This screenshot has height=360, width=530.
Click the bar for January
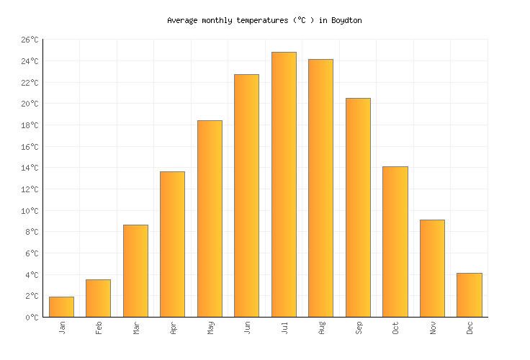(x=61, y=307)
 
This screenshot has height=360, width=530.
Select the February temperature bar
(x=98, y=298)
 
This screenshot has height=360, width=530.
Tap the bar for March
(x=135, y=271)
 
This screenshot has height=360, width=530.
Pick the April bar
(x=172, y=244)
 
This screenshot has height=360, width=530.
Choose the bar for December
(x=469, y=295)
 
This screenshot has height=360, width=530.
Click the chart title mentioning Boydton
(x=264, y=21)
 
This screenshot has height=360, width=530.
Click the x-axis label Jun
(x=247, y=328)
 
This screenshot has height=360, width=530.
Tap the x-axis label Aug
(x=321, y=328)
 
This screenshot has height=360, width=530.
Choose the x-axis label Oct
(x=395, y=328)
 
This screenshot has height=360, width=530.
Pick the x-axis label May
(x=210, y=328)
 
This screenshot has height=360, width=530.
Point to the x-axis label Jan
(x=62, y=328)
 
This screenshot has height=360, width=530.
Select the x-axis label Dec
(x=470, y=328)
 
